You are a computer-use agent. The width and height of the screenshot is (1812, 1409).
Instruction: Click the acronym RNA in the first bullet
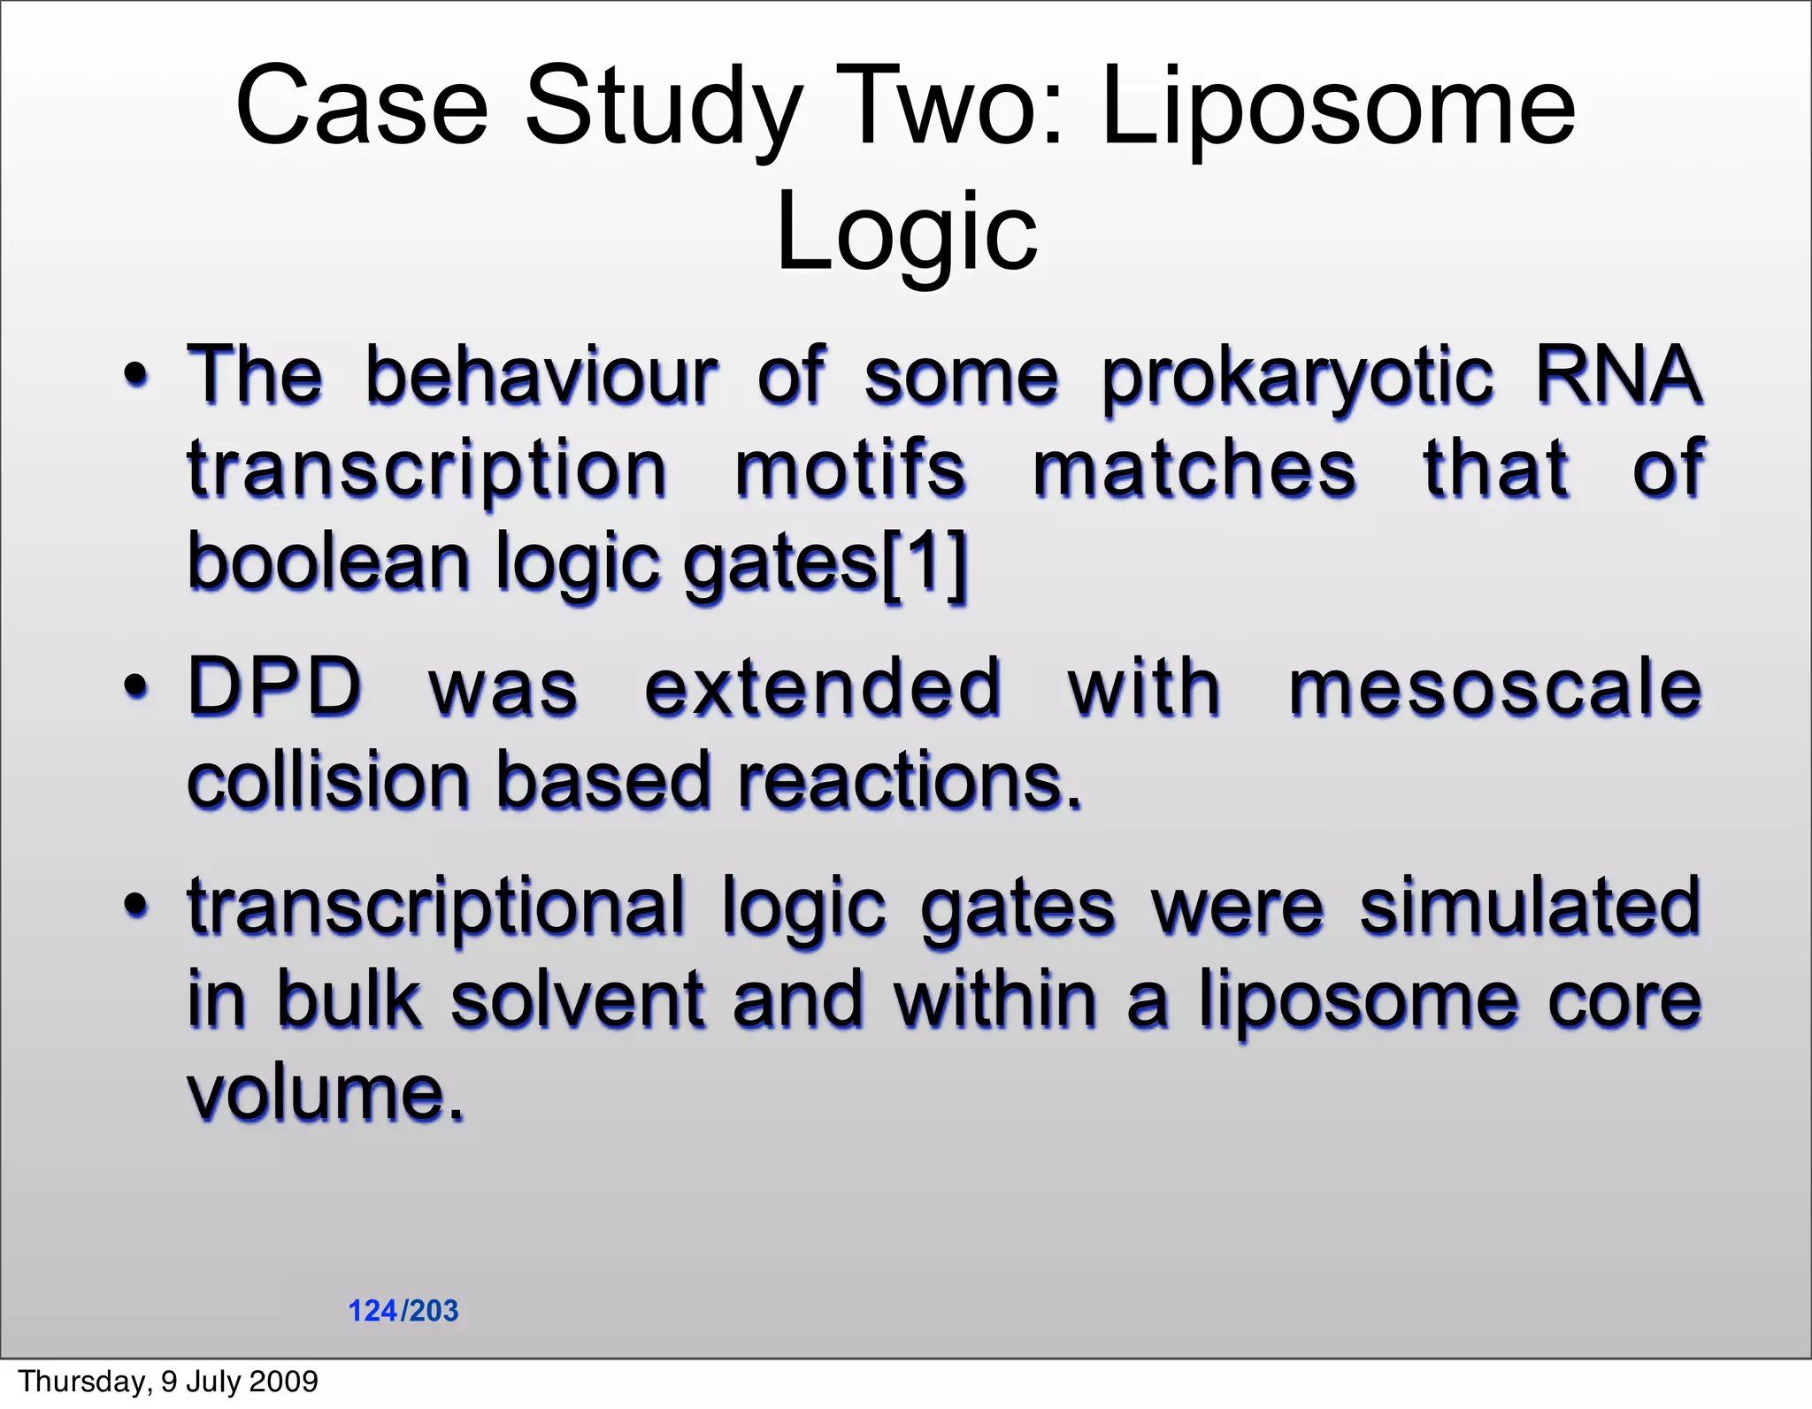1617,375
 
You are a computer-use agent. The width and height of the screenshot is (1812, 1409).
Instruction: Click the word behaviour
541,375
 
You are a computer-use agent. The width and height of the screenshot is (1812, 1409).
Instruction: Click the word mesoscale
1494,688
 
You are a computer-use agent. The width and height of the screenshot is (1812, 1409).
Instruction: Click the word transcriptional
436,907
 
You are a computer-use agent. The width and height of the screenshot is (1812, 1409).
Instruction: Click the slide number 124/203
403,1311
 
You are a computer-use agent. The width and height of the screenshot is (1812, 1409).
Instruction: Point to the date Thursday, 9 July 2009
168,1382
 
